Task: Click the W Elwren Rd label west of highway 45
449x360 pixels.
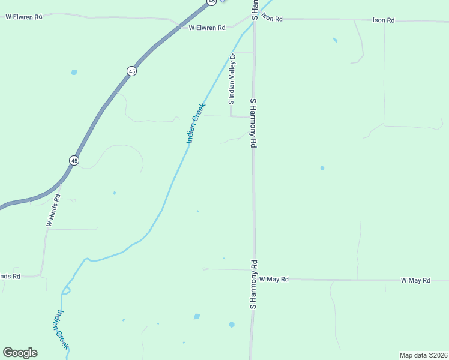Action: (24, 17)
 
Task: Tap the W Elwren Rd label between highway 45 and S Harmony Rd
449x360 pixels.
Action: (206, 28)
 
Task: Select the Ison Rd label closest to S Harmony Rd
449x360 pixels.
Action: (271, 19)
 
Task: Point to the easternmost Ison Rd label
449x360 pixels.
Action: (383, 20)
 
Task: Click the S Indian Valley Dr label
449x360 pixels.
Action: (232, 80)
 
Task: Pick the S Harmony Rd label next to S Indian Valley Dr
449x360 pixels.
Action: (253, 123)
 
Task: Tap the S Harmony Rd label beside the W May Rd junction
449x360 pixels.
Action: (253, 284)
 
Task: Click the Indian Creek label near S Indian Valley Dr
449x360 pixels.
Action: (196, 123)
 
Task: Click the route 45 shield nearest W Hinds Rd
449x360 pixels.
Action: (74, 160)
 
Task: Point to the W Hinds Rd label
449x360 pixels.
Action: (53, 210)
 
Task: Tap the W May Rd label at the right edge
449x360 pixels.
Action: (415, 280)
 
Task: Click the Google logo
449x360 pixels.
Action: (20, 353)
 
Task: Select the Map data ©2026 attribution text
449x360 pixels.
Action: (423, 355)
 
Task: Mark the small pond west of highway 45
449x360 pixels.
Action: (74, 73)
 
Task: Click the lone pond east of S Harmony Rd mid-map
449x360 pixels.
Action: (322, 168)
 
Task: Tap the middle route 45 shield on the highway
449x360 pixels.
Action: (131, 71)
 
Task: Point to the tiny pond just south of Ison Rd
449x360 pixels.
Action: (335, 41)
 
